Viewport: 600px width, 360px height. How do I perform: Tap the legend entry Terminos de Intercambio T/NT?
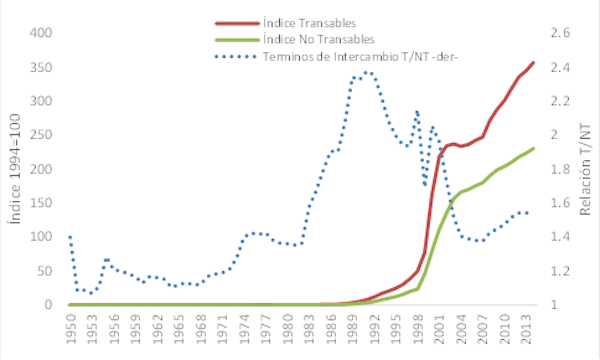coord(346,56)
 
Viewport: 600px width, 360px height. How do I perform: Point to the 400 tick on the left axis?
coord(39,33)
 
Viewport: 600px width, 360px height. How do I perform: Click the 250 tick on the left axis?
coord(39,135)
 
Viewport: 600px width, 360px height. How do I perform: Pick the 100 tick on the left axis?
coord(39,237)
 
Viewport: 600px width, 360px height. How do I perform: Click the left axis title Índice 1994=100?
coord(15,170)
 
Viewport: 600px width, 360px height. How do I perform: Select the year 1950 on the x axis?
coord(70,328)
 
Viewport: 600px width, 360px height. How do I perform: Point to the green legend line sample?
coord(236,39)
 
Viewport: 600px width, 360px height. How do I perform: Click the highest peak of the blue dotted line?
coord(367,72)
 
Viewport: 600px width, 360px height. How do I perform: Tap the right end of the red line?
coord(533,63)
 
